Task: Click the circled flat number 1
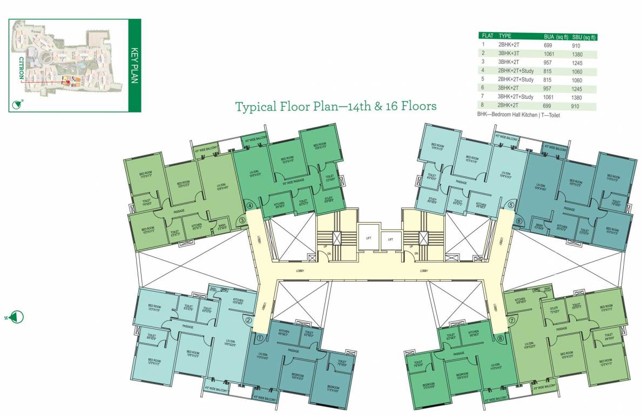coord(260,339)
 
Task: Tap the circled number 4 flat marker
coord(250,205)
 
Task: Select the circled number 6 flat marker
coord(519,221)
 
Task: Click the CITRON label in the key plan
coord(21,68)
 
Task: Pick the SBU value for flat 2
coord(577,54)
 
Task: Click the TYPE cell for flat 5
coord(516,80)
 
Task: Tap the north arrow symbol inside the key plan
coord(20,103)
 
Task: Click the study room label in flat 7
coord(554,311)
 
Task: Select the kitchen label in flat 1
coord(284,332)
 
